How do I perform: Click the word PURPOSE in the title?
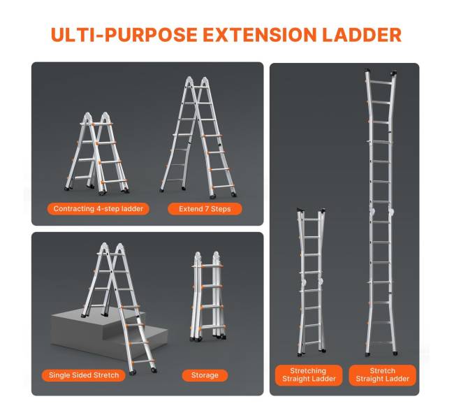click(151, 35)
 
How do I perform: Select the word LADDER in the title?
click(362, 35)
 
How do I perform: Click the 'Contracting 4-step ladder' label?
click(98, 209)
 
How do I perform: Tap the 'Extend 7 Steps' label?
click(205, 209)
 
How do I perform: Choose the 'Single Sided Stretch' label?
click(84, 375)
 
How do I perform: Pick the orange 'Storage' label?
click(205, 375)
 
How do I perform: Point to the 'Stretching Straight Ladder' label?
click(309, 375)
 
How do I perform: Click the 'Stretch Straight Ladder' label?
click(383, 375)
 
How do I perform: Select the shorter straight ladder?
click(312, 281)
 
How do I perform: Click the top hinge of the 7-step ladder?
click(196, 81)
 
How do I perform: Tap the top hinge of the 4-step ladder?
click(97, 117)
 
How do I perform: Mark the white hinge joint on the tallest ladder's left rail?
click(372, 212)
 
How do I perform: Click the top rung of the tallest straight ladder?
click(381, 83)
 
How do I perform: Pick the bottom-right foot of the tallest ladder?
click(395, 354)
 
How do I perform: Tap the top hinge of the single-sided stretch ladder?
click(112, 248)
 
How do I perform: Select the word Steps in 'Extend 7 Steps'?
click(221, 209)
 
